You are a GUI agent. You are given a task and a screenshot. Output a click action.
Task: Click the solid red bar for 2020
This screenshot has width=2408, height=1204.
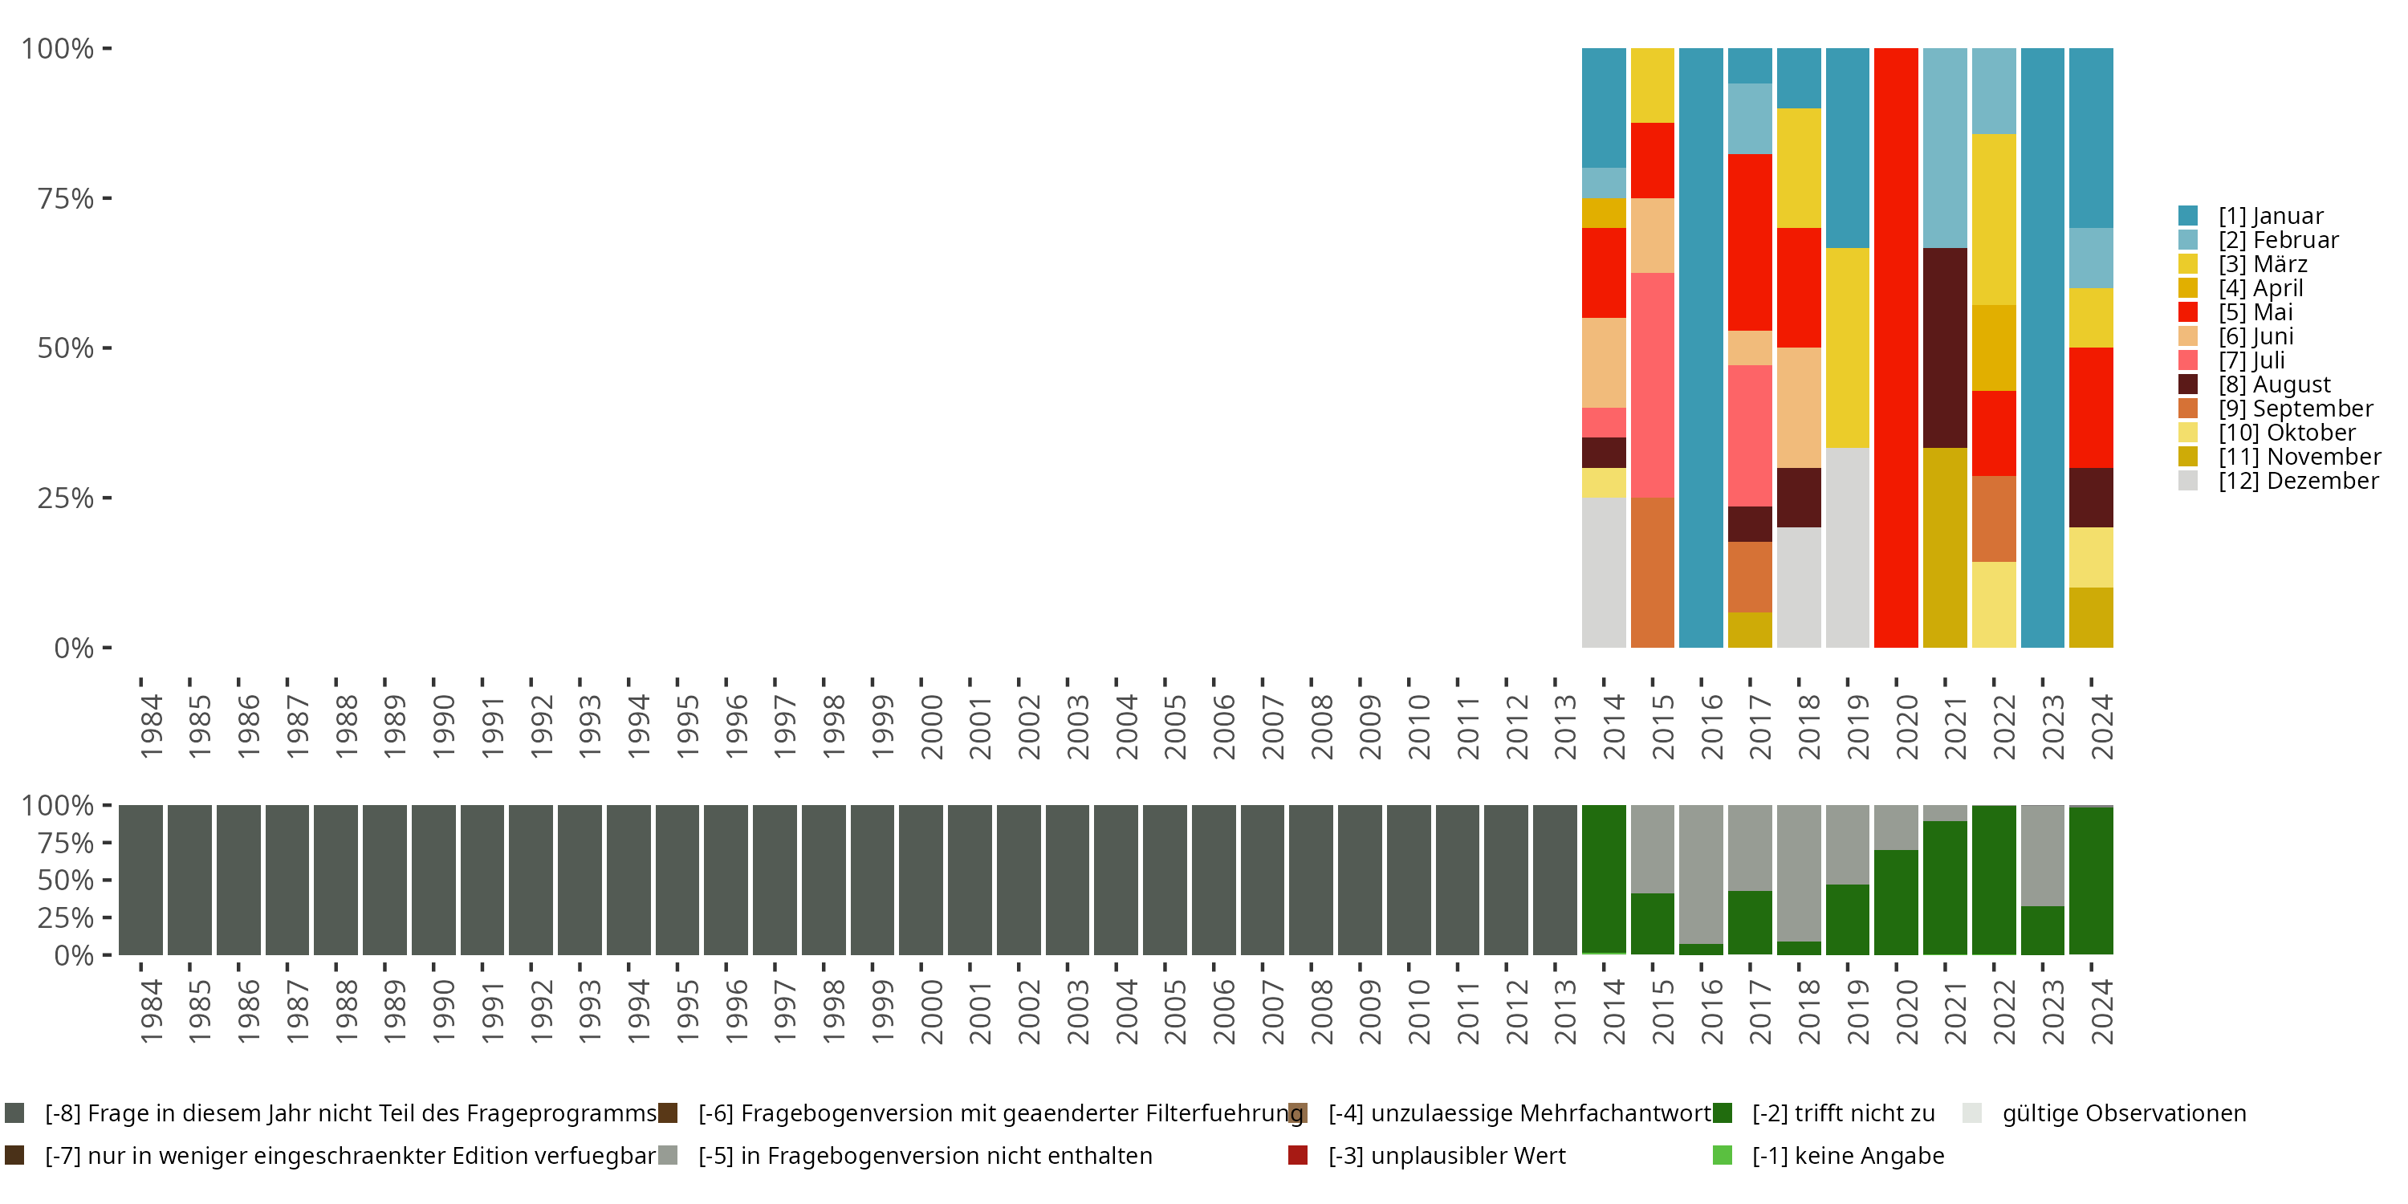click(x=1896, y=348)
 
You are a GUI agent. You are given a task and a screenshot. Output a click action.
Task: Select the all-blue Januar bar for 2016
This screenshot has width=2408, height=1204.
click(x=1700, y=348)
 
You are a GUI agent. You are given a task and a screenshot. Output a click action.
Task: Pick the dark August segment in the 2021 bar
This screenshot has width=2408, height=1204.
click(x=1944, y=348)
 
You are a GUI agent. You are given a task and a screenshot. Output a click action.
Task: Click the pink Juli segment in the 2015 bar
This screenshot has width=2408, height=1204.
click(x=1652, y=385)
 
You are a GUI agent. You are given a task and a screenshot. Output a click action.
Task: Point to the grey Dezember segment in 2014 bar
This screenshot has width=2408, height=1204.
click(x=1603, y=572)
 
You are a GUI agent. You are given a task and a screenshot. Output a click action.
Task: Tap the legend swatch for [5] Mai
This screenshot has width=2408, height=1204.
click(x=2188, y=312)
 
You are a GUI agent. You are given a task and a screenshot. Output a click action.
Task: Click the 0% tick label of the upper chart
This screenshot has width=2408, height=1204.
click(x=73, y=648)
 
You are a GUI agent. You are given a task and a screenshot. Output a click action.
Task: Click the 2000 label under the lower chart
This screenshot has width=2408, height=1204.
click(x=931, y=1011)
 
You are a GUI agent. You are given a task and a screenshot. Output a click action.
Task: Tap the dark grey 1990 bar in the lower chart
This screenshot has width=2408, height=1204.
click(x=433, y=880)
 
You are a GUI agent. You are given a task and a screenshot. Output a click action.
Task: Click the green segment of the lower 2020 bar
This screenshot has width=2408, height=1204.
click(x=1896, y=902)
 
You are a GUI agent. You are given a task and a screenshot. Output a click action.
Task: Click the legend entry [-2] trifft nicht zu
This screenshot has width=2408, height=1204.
click(x=1841, y=1113)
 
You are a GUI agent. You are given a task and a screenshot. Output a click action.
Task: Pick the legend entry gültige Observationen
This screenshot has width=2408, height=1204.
click(x=2122, y=1113)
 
